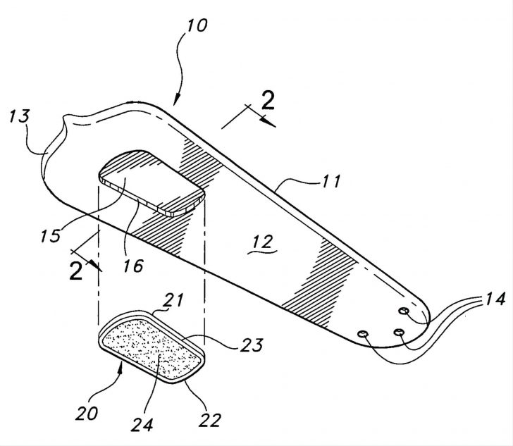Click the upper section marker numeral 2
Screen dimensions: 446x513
pyautogui.click(x=266, y=101)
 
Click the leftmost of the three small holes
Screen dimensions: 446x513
pyautogui.click(x=364, y=334)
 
